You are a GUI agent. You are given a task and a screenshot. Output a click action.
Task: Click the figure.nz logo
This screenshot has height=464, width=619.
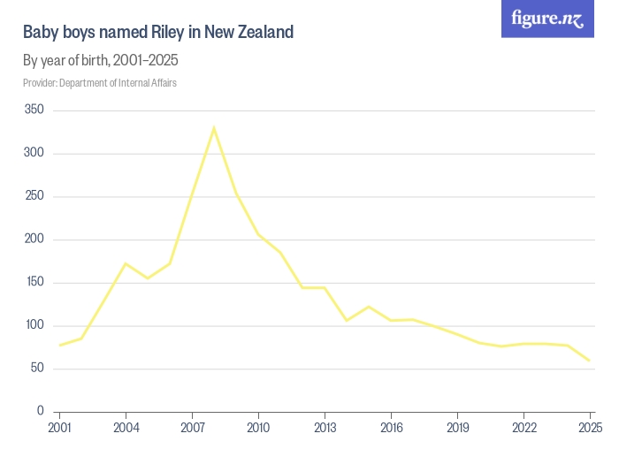(547, 19)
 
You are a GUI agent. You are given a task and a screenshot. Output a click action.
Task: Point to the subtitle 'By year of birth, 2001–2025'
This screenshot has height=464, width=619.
(101, 61)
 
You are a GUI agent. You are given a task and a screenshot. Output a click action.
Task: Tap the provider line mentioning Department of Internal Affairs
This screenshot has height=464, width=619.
(99, 83)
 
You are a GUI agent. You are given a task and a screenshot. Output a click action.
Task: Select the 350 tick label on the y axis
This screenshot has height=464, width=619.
(34, 110)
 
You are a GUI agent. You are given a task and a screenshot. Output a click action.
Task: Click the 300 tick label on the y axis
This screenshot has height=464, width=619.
(34, 154)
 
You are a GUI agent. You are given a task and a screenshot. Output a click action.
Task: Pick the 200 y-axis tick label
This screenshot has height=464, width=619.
(34, 240)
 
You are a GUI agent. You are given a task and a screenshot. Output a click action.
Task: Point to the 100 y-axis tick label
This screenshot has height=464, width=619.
(34, 325)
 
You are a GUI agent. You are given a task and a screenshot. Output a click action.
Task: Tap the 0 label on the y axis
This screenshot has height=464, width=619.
(40, 412)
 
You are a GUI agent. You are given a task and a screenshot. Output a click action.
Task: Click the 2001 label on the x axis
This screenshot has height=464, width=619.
(60, 429)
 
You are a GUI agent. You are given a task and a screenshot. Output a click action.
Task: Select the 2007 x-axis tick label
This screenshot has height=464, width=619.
(193, 429)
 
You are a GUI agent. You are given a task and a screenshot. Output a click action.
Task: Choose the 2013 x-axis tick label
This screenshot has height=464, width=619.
(325, 429)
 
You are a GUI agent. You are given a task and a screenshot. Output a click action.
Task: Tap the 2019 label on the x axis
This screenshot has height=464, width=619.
(458, 429)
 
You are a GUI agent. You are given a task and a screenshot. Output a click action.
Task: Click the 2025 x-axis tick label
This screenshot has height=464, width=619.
(590, 429)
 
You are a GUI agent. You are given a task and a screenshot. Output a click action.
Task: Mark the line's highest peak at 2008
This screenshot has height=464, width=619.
(214, 128)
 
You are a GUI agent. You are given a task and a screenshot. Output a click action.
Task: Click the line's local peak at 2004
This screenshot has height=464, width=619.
(126, 263)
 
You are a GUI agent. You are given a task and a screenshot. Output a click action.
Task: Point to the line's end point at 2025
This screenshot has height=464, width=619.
(590, 361)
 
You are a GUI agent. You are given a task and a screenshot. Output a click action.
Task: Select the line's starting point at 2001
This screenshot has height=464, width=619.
(60, 345)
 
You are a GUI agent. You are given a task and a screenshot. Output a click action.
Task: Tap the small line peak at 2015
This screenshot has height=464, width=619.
(369, 307)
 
